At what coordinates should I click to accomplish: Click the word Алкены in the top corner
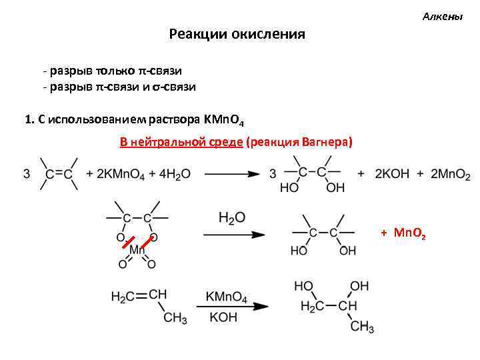[442, 17]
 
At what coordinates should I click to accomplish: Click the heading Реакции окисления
[237, 34]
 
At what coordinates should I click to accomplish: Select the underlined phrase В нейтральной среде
[181, 142]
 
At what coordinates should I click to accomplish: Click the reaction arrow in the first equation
[231, 174]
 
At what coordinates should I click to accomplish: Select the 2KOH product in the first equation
[389, 174]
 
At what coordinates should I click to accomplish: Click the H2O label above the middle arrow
[231, 218]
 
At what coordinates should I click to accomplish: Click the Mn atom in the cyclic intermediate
[137, 249]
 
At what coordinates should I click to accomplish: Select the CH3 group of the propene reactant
[175, 319]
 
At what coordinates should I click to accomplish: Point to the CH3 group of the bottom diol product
[363, 327]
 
